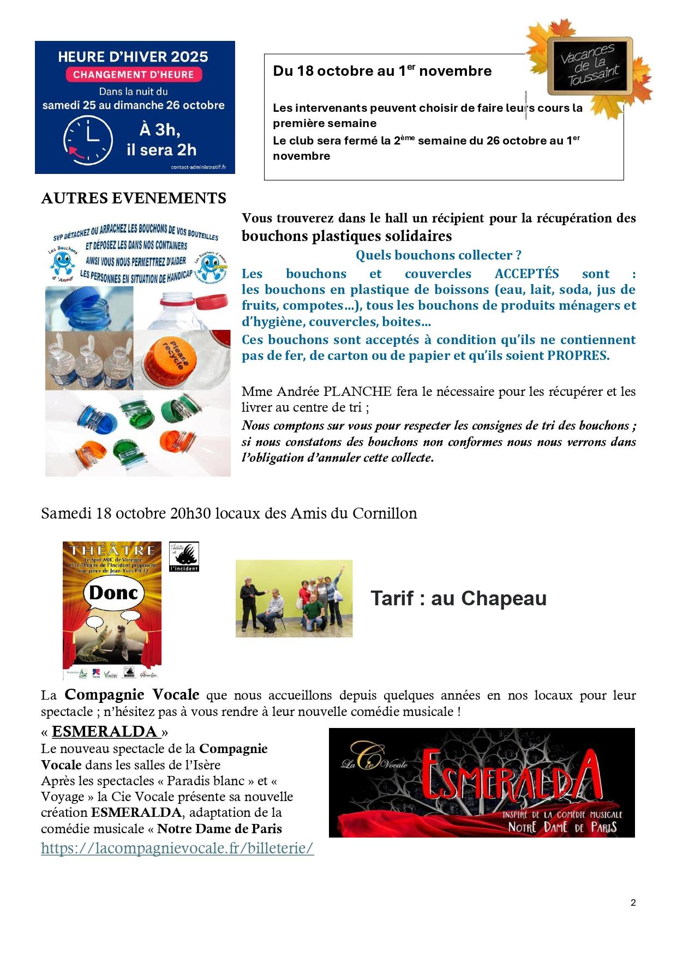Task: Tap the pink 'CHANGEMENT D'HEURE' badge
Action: point(134,75)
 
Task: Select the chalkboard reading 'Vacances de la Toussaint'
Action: point(590,65)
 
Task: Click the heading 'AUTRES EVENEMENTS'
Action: point(134,198)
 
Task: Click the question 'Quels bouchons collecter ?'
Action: point(439,255)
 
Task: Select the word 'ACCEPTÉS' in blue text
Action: point(526,273)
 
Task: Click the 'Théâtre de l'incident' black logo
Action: point(184,556)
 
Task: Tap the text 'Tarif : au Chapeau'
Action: point(458,598)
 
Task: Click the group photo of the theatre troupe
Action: point(294,598)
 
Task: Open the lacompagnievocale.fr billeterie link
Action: point(177,848)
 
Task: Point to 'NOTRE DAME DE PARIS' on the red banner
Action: point(562,827)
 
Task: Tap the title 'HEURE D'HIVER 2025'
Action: point(133,57)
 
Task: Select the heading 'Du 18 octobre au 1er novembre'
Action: point(382,71)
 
